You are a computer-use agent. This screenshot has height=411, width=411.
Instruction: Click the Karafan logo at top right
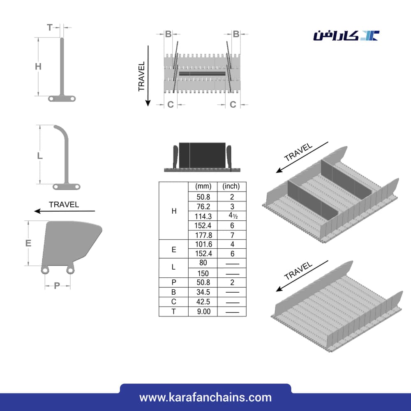[x=346, y=35]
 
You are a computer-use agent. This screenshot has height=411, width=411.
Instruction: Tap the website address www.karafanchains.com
[x=205, y=397]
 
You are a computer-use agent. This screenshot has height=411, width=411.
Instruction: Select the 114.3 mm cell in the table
[x=203, y=216]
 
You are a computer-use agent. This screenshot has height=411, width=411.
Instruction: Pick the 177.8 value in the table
[x=203, y=235]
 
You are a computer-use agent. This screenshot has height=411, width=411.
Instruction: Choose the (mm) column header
[x=203, y=186]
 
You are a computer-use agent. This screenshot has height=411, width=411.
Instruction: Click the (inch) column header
[x=231, y=186]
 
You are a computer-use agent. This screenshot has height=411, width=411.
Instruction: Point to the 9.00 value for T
[x=204, y=312]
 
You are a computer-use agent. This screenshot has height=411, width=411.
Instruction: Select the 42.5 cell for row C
[x=203, y=302]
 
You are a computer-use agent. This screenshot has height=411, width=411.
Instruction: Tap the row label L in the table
[x=173, y=267]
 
